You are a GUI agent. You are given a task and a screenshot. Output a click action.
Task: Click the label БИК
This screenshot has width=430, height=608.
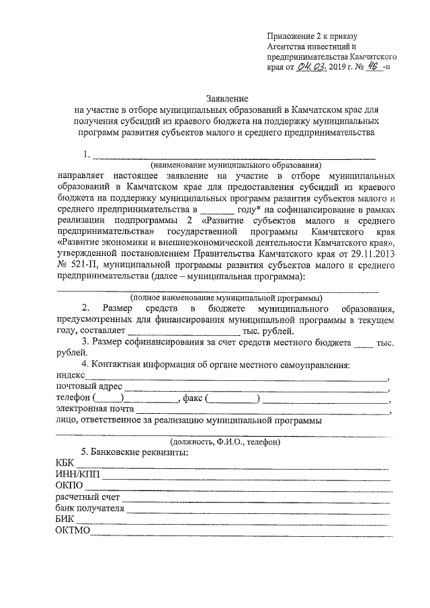pyautogui.click(x=67, y=522)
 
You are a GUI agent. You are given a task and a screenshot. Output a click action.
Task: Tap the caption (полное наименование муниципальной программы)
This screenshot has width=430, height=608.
pyautogui.click(x=226, y=298)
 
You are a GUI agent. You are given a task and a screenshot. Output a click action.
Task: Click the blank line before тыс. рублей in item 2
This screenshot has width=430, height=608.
pyautogui.click(x=183, y=332)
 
